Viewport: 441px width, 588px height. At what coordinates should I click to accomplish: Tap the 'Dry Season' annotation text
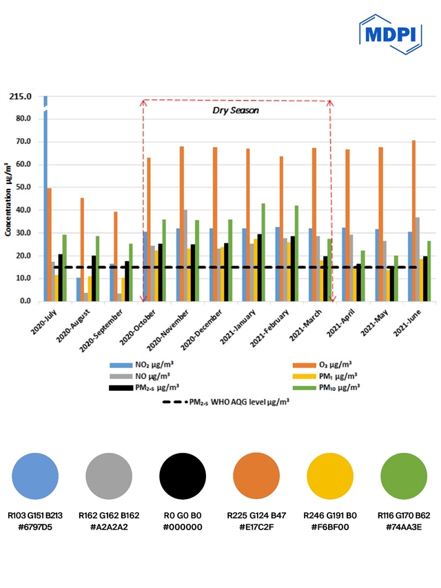click(236, 109)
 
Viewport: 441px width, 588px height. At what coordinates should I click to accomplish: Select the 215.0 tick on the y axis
click(21, 96)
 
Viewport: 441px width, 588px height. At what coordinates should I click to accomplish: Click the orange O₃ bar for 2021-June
click(414, 221)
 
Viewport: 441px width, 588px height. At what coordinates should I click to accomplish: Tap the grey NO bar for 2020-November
click(185, 255)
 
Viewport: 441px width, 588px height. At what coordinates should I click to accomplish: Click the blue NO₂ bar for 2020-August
click(79, 290)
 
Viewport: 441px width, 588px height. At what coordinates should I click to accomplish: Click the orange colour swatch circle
click(256, 476)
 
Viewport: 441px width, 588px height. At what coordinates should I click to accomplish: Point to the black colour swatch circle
click(183, 476)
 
